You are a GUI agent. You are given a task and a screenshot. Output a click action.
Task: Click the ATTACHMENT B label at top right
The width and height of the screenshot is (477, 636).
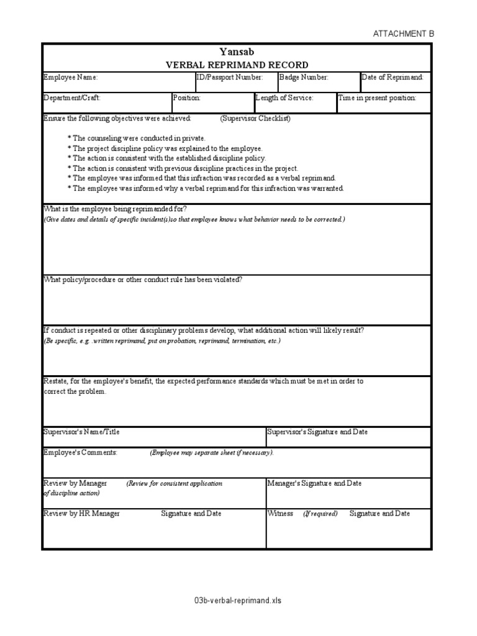click(403, 34)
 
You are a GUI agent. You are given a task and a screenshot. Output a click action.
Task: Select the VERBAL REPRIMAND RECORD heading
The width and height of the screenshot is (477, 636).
click(236, 65)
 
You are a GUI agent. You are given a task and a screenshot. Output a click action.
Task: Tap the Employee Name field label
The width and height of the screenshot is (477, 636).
click(70, 78)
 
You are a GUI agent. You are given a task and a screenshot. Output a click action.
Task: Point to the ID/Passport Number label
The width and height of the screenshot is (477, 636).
click(229, 78)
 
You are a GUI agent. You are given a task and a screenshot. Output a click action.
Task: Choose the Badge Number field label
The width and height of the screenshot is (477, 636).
click(304, 78)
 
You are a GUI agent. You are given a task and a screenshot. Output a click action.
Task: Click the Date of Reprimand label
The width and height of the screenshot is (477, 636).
click(393, 78)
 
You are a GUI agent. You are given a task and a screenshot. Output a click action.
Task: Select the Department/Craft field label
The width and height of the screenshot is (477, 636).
click(71, 98)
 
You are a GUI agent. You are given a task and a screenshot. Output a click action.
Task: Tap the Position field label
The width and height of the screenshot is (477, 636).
click(187, 98)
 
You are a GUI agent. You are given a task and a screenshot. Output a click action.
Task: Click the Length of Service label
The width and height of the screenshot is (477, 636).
click(284, 98)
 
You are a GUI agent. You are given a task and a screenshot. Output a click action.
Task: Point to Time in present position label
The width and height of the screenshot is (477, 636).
click(377, 98)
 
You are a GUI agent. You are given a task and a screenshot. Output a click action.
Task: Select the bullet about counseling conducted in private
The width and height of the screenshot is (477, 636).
click(136, 139)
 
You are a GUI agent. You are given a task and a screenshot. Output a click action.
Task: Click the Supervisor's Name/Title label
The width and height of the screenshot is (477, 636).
click(81, 432)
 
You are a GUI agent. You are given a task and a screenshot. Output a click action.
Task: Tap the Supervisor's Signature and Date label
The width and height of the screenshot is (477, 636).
click(321, 432)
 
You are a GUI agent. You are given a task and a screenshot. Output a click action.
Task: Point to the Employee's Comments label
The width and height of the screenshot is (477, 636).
click(80, 453)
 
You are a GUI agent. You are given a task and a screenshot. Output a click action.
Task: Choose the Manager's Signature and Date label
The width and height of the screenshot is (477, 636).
click(314, 483)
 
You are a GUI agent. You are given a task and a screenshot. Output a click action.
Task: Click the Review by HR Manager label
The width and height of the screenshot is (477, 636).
click(81, 514)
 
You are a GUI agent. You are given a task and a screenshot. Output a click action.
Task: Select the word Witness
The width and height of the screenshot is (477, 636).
click(280, 514)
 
